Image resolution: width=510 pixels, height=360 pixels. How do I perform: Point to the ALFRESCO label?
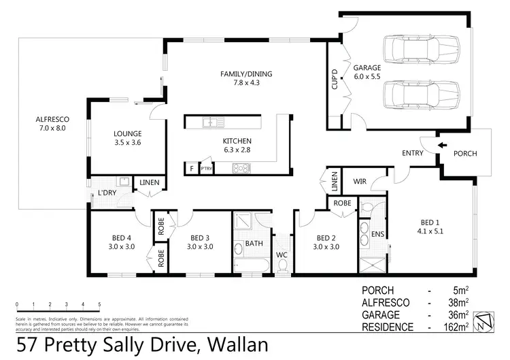click(x=52, y=123)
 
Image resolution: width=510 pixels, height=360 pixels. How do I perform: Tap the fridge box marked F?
click(x=191, y=167)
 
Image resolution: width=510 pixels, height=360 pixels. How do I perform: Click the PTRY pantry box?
click(x=205, y=168)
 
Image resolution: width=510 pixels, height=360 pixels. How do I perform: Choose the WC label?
click(x=281, y=255)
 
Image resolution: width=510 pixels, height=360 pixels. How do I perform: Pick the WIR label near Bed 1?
click(x=360, y=182)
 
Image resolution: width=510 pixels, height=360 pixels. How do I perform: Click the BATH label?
click(x=254, y=243)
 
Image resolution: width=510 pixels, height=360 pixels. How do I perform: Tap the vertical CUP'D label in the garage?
click(x=335, y=80)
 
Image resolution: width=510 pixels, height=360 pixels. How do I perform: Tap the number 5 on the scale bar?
click(x=99, y=304)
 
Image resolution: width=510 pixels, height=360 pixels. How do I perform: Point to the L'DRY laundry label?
click(x=107, y=193)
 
